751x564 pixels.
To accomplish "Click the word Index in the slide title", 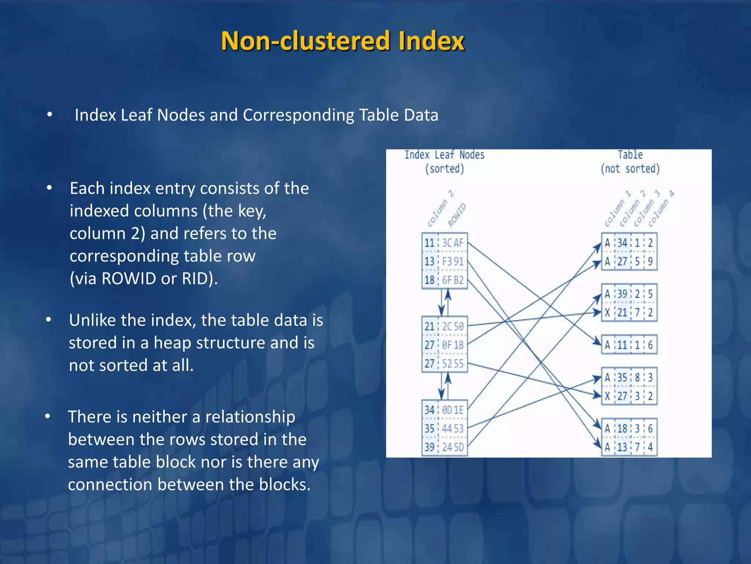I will [431, 41].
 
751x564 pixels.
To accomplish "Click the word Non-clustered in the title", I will [305, 41].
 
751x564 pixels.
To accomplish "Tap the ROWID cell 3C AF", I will [453, 243].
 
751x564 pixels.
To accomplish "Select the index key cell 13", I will [429, 262].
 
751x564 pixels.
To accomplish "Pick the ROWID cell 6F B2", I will [453, 281].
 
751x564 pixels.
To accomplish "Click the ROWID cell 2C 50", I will [453, 326].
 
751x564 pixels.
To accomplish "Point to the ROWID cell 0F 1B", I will [453, 345].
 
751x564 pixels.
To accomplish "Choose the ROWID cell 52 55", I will [453, 364].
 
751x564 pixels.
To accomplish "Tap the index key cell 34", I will [429, 410].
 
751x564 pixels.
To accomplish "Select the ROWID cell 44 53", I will [453, 429].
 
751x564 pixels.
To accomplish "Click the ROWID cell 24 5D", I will [453, 447].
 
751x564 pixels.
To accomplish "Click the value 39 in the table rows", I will [622, 294].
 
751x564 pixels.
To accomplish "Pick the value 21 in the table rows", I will [622, 313].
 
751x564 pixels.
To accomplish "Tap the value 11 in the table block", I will [622, 345].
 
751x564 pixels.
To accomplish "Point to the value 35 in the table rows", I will [622, 377].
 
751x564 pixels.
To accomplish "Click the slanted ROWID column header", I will [457, 215].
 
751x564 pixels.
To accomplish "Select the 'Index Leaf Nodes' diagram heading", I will [444, 155].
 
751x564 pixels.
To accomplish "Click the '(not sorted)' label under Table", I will [630, 169].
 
